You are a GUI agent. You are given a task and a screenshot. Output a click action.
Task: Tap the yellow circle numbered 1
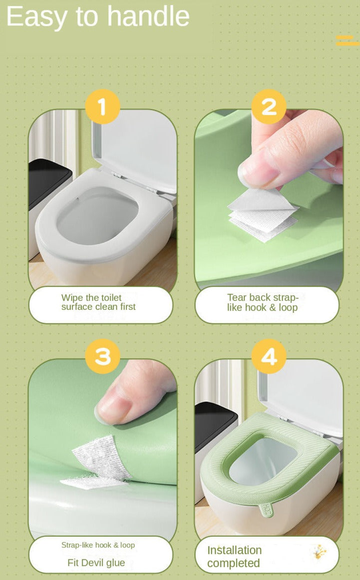[102, 106]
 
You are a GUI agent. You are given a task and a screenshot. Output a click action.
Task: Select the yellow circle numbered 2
[269, 106]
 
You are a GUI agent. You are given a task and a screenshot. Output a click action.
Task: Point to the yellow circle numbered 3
[102, 356]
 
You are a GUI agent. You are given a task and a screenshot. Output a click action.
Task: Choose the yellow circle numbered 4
[269, 356]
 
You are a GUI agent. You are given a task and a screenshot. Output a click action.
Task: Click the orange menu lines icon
[348, 40]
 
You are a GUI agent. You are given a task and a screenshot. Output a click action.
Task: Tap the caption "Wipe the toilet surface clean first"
[98, 302]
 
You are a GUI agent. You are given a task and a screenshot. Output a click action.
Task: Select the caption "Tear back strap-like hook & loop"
[263, 303]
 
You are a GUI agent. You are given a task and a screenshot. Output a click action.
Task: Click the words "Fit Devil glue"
[96, 563]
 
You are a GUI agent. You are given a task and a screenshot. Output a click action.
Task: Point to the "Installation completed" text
[234, 557]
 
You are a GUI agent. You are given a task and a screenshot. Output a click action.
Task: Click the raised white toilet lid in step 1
[134, 148]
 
